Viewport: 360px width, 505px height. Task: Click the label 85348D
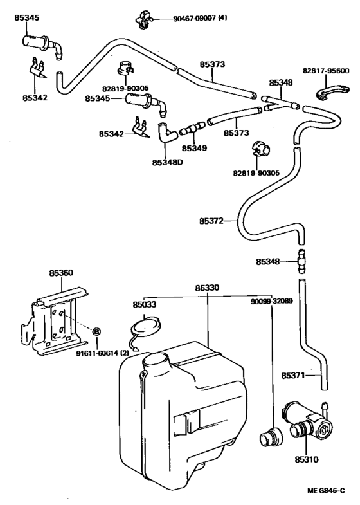[x=168, y=162]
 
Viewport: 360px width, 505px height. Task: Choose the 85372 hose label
[x=211, y=221]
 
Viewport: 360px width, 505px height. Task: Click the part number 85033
[x=145, y=304]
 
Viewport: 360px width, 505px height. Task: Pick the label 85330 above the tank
[x=207, y=289]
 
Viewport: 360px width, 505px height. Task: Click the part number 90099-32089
[x=273, y=300]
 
